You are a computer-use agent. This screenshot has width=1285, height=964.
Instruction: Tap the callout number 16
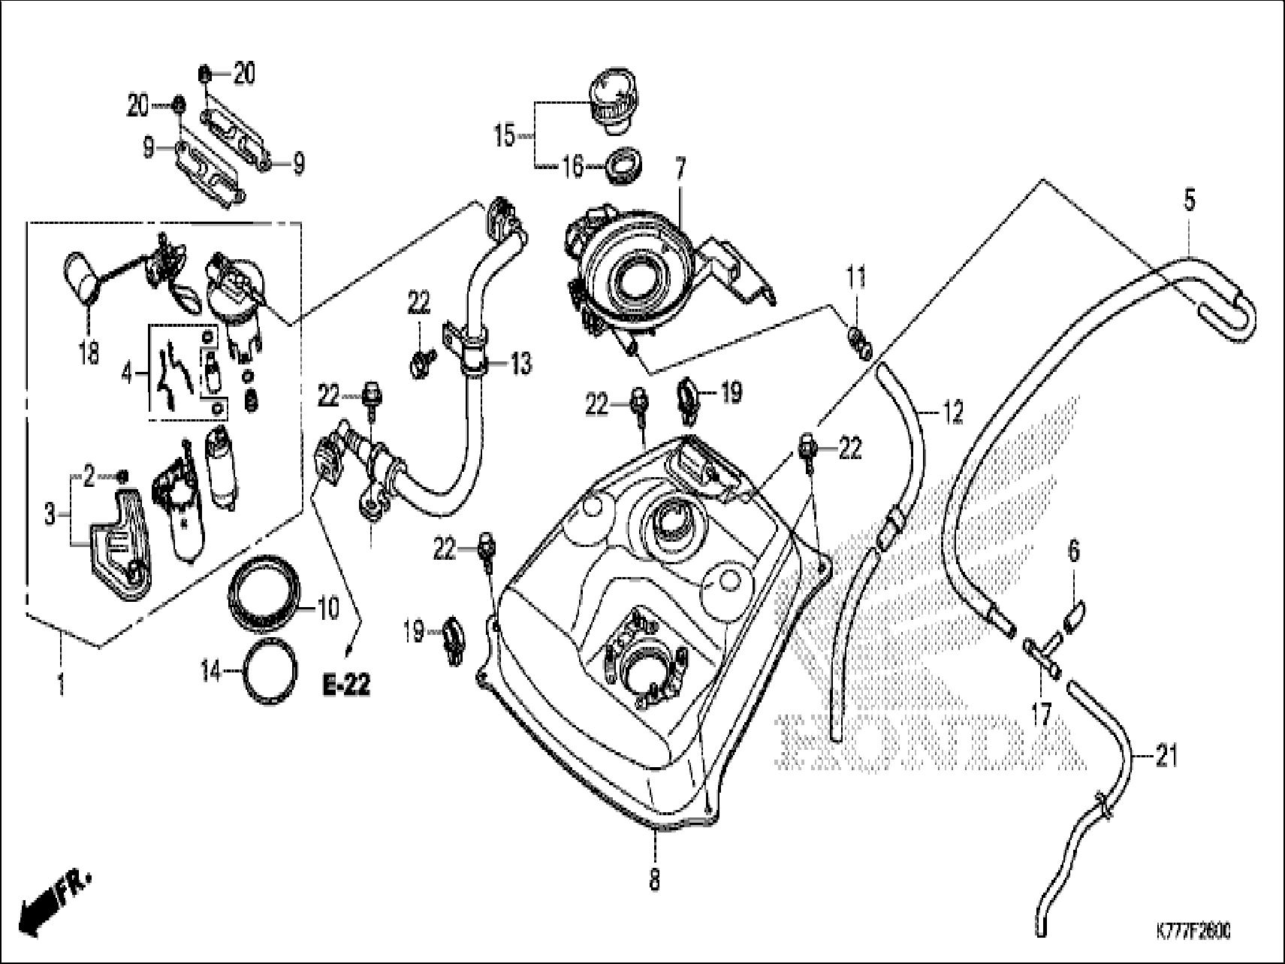click(572, 166)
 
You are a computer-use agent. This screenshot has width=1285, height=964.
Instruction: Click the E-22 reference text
click(348, 684)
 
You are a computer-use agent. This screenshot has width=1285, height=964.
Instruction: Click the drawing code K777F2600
click(1193, 932)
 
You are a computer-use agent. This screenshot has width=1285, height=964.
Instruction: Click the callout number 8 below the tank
click(655, 879)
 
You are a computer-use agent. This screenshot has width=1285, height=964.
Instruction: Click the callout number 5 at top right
click(1190, 201)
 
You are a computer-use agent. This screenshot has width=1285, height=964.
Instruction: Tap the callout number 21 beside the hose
click(1166, 756)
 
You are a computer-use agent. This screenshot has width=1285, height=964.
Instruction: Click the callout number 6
click(1074, 551)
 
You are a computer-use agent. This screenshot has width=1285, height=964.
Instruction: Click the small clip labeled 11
click(859, 340)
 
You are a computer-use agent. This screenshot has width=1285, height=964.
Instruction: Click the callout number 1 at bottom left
click(61, 684)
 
